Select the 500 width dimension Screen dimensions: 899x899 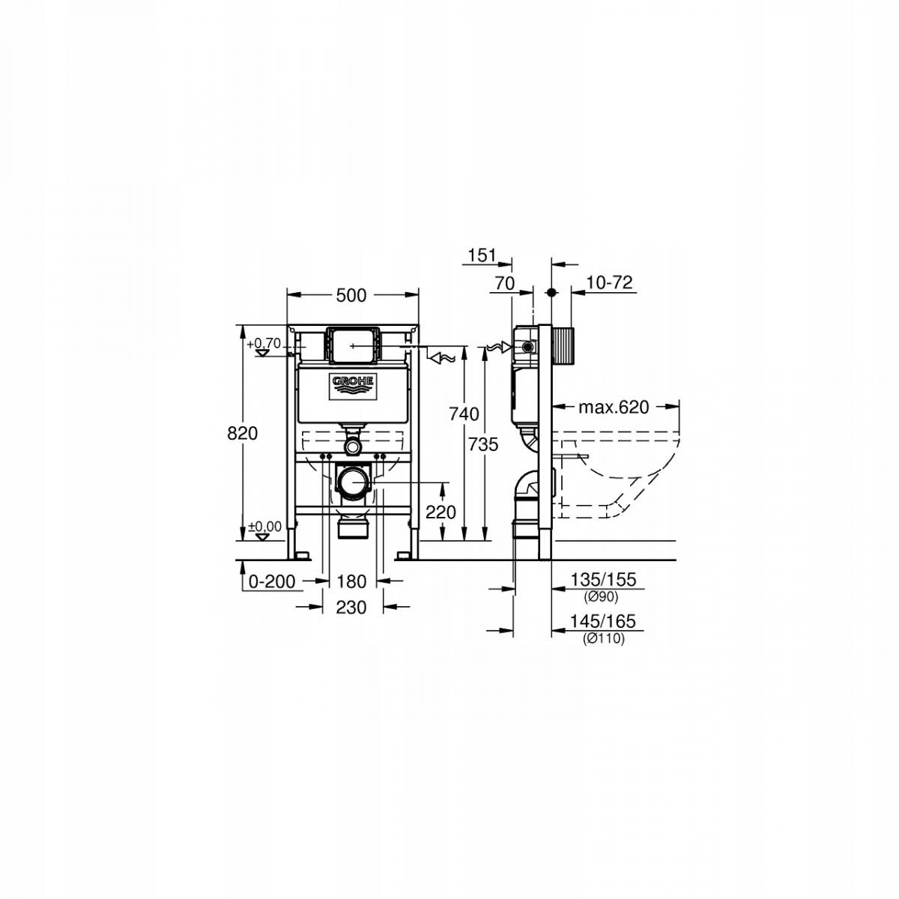[351, 295]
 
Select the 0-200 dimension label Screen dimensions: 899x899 [272, 581]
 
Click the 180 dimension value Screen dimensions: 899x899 [351, 581]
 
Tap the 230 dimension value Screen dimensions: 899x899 [351, 607]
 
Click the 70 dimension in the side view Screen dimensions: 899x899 [505, 282]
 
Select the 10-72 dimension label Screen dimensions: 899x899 [610, 282]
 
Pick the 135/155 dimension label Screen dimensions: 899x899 [602, 580]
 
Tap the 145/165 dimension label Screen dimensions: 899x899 [602, 621]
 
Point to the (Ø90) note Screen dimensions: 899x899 [602, 597]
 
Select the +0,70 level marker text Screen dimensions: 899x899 [265, 343]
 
